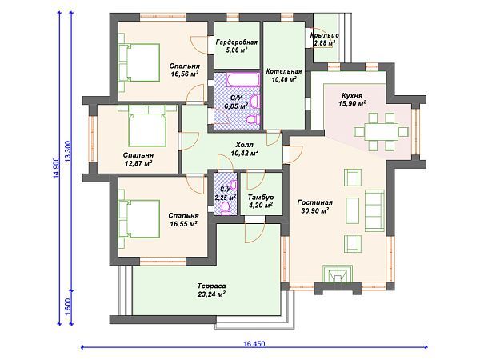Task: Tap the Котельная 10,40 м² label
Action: (x=284, y=75)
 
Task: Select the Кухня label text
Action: (x=352, y=96)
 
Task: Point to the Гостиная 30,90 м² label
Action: (x=315, y=206)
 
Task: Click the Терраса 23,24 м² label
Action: (x=211, y=290)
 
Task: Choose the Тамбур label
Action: (x=261, y=197)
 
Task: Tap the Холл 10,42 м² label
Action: (x=244, y=149)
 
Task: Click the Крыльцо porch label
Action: (x=325, y=35)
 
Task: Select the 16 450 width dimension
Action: (x=254, y=344)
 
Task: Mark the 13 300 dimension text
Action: (x=68, y=151)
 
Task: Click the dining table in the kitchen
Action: (x=382, y=132)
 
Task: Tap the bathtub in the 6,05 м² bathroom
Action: (x=242, y=80)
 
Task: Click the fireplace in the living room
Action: (x=338, y=274)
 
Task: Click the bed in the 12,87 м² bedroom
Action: (x=147, y=126)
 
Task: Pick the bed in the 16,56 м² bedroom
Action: (x=142, y=62)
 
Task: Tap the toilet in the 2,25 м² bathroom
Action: (x=226, y=208)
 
